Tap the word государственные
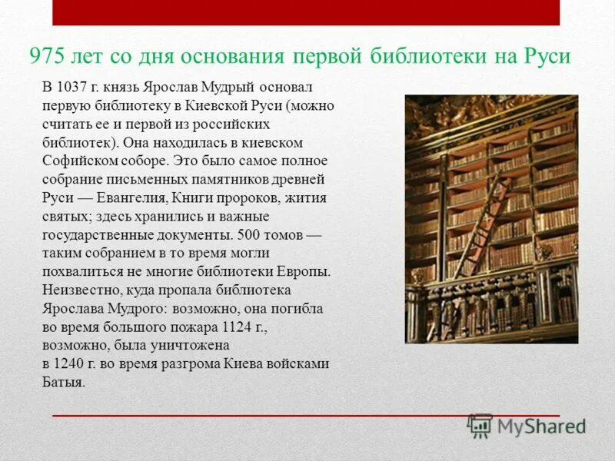98,234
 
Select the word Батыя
63,382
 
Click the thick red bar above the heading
306,12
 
